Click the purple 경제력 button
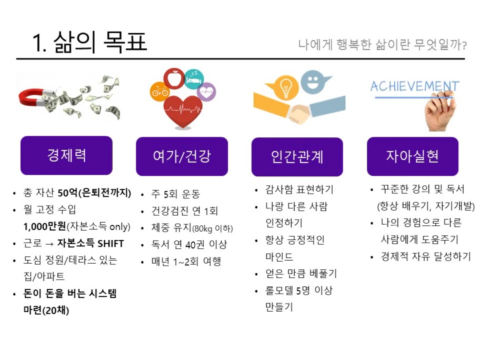click(66, 155)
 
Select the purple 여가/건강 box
click(182, 156)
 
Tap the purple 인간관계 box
click(297, 157)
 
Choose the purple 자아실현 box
click(413, 156)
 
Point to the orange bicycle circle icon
click(159, 91)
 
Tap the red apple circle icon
click(174, 78)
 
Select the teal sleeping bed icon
click(194, 79)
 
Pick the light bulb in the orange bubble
click(285, 87)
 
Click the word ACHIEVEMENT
click(415, 86)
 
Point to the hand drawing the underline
click(440, 111)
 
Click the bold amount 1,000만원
click(45, 226)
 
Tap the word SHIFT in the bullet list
click(111, 243)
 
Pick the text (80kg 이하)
click(213, 228)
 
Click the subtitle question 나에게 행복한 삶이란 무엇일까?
click(382, 45)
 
